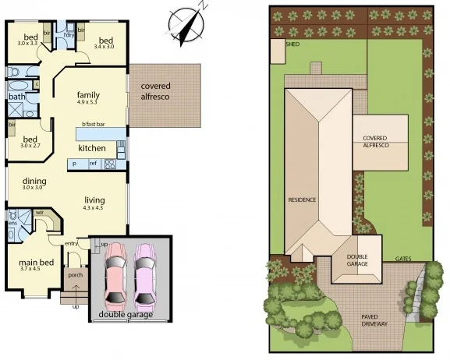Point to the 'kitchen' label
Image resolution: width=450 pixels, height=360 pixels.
[91, 148]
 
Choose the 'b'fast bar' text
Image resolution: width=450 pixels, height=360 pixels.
[94, 125]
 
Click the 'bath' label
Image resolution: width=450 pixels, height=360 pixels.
[17, 97]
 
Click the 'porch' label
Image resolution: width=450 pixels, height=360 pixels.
[76, 274]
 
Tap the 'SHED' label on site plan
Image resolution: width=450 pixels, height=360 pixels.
[292, 44]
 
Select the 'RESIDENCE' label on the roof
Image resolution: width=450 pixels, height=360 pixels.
[303, 199]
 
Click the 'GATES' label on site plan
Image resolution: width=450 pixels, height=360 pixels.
[403, 258]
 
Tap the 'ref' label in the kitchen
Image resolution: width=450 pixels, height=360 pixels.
[92, 164]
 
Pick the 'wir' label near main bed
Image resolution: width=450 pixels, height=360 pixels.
[39, 211]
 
